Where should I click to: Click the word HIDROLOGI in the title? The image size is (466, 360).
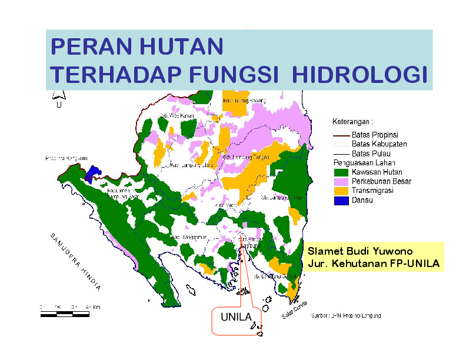[x=359, y=75]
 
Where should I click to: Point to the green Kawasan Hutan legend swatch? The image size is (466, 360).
[x=341, y=172]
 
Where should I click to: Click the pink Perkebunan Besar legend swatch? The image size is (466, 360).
[x=341, y=182]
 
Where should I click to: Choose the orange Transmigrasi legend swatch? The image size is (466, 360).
[x=341, y=191]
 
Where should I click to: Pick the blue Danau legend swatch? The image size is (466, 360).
[x=341, y=201]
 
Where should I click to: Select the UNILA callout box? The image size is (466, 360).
[x=236, y=318]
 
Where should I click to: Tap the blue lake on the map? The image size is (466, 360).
[x=92, y=174]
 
